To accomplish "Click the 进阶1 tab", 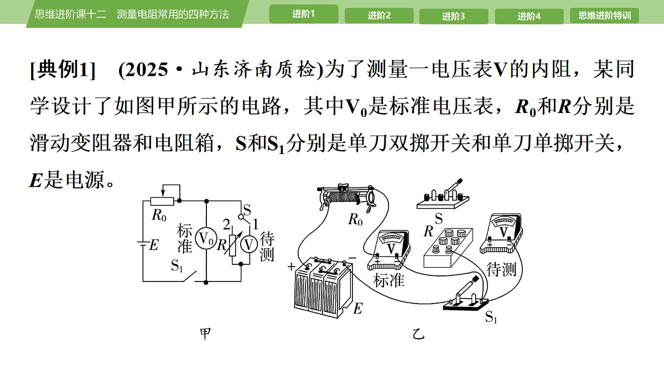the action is click(304, 14).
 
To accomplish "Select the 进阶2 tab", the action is click(379, 16).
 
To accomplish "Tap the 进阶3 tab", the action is click(454, 16).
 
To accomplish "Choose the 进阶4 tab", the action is click(529, 16).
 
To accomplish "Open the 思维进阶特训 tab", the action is click(604, 16).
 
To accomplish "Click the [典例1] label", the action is click(63, 70).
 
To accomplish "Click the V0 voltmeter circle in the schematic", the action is click(206, 238).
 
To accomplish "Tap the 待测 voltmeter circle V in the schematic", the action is click(248, 245).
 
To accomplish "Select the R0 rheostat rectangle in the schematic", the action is click(162, 202).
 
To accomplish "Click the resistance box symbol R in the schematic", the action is click(233, 245).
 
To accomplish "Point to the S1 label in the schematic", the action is click(177, 265).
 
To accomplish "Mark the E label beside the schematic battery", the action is click(154, 245).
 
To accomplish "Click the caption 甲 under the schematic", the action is click(205, 334).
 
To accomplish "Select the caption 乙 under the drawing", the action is click(418, 335).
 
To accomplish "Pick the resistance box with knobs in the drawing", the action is click(448, 248).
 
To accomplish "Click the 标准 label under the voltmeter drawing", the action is click(389, 280).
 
